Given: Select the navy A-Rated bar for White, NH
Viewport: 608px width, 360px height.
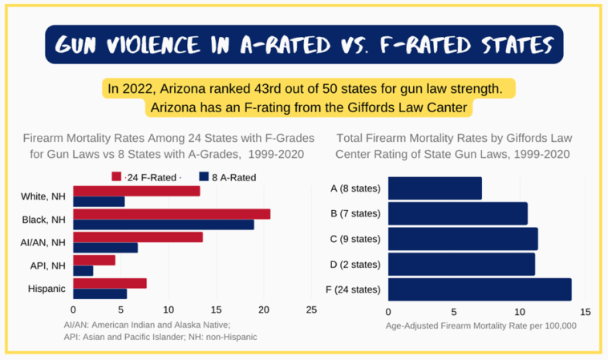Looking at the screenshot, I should pyautogui.click(x=99, y=201).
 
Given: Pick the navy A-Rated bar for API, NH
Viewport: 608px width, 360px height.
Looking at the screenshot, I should pyautogui.click(x=83, y=270).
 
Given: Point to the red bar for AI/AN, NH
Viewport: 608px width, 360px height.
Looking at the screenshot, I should pyautogui.click(x=137, y=237).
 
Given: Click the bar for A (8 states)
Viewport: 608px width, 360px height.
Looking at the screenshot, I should pyautogui.click(x=434, y=188).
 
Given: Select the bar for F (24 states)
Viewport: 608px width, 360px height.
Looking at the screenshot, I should pyautogui.click(x=479, y=289).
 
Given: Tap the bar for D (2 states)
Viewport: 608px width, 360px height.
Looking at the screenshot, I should pyautogui.click(x=460, y=264).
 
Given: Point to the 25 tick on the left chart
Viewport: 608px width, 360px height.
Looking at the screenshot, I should pyautogui.click(x=311, y=309).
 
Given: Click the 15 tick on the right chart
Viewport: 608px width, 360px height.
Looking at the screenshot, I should pyautogui.click(x=585, y=311).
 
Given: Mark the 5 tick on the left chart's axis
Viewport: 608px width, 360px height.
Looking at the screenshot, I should pyautogui.click(x=120, y=309).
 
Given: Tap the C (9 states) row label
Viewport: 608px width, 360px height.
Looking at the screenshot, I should pyautogui.click(x=355, y=239).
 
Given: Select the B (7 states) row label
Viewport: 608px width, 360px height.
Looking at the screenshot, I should pyautogui.click(x=355, y=214).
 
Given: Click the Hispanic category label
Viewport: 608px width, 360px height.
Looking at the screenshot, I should pyautogui.click(x=47, y=289).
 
